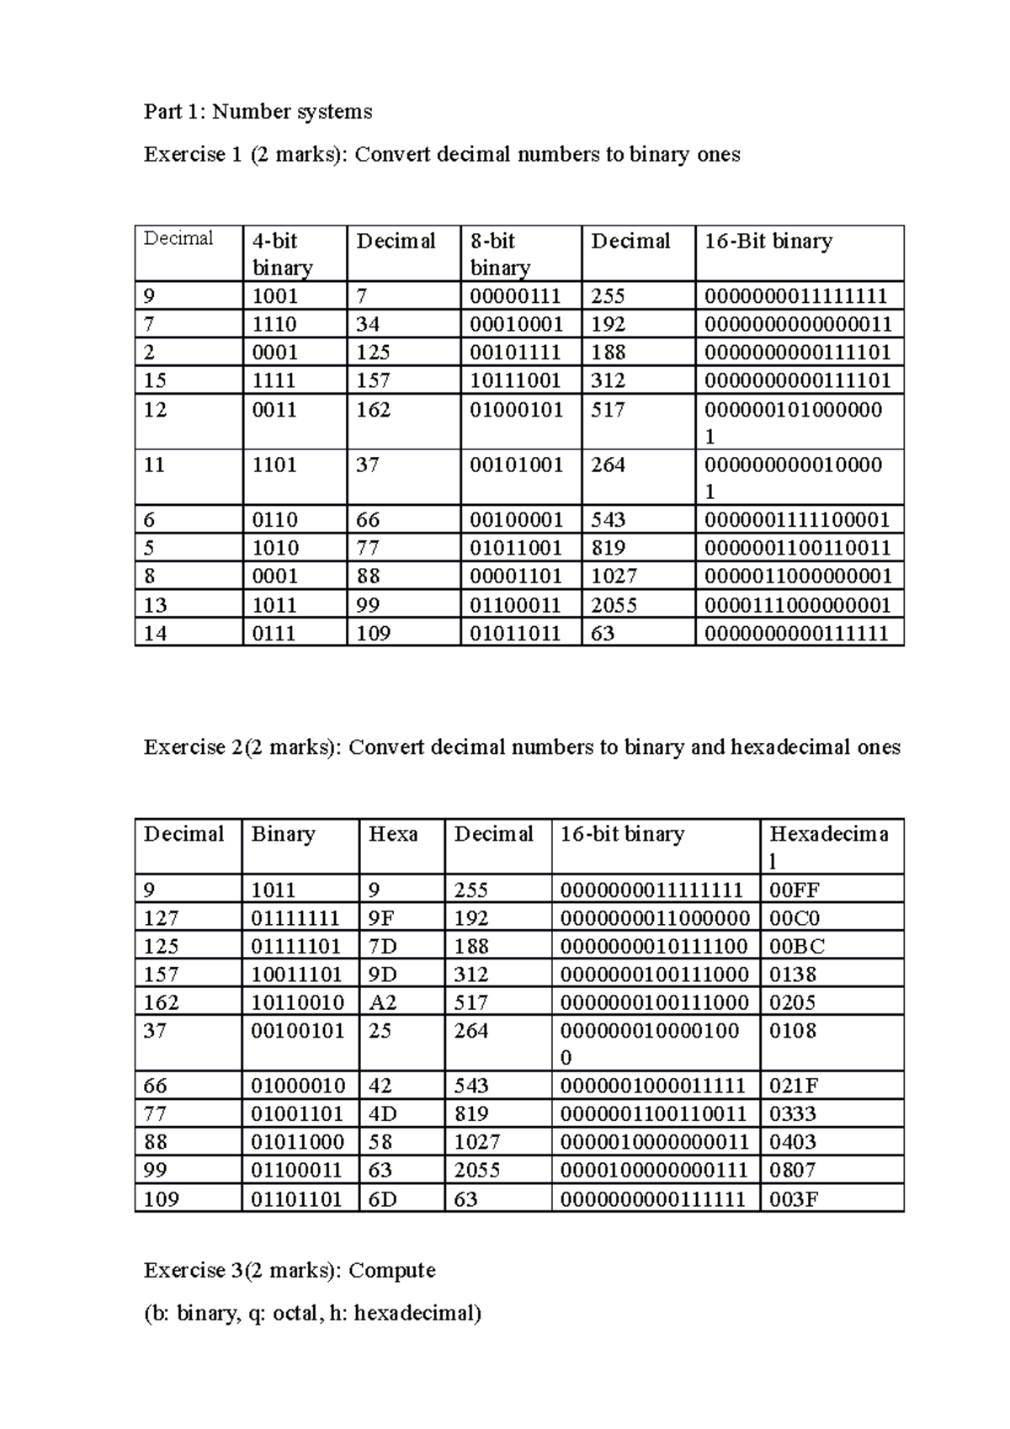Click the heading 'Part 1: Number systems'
click(x=258, y=112)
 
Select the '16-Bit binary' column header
click(x=768, y=242)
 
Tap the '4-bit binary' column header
click(x=282, y=254)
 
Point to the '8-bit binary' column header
click(x=500, y=254)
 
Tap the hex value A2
click(x=383, y=1002)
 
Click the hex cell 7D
click(x=383, y=946)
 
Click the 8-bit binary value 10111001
click(x=515, y=380)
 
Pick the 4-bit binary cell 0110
click(x=275, y=520)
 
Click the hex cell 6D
click(x=383, y=1198)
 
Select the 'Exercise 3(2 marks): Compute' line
click(x=290, y=1270)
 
